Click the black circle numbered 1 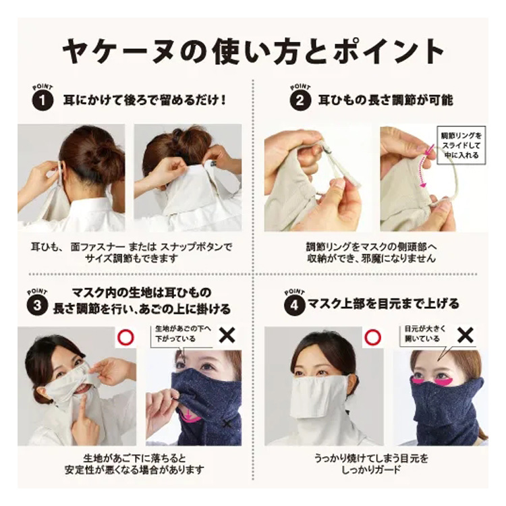[x=43, y=101]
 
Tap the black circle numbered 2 [x=300, y=101]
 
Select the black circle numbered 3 [x=37, y=305]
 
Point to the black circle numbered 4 [x=295, y=305]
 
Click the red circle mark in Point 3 [x=126, y=337]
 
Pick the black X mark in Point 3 [x=227, y=335]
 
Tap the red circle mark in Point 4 [x=372, y=337]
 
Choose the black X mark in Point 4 [x=466, y=335]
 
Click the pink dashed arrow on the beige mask [x=423, y=168]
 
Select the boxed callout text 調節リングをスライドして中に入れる [x=461, y=145]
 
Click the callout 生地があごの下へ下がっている [x=184, y=334]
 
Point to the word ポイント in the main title [x=387, y=51]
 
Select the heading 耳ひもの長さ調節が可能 [x=386, y=101]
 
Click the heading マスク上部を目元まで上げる [x=383, y=304]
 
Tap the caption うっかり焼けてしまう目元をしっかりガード [x=372, y=463]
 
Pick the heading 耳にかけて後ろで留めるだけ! [x=144, y=101]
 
